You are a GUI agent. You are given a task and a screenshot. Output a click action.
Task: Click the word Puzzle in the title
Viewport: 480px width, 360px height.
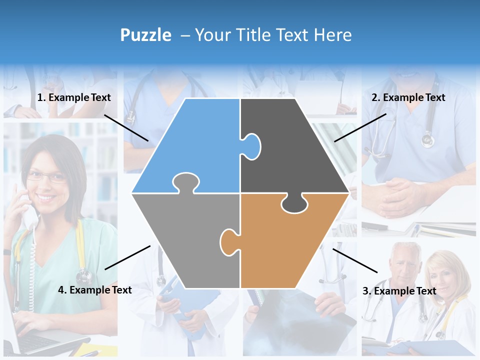coord(145,35)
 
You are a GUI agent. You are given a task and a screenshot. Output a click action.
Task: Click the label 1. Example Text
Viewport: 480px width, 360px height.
coord(74,97)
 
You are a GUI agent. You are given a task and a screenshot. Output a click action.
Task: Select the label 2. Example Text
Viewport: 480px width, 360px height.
coord(408,97)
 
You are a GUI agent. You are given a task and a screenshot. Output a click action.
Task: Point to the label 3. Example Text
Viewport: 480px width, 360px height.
coord(399,291)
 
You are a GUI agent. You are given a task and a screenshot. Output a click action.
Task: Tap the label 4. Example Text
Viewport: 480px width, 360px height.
coord(95,289)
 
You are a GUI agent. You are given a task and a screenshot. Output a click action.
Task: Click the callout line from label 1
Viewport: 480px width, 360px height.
coord(126,127)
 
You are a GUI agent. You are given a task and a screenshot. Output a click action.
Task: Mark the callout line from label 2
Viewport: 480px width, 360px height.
coord(360,127)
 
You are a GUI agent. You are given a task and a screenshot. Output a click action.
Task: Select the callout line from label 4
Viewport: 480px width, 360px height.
coord(127,257)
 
